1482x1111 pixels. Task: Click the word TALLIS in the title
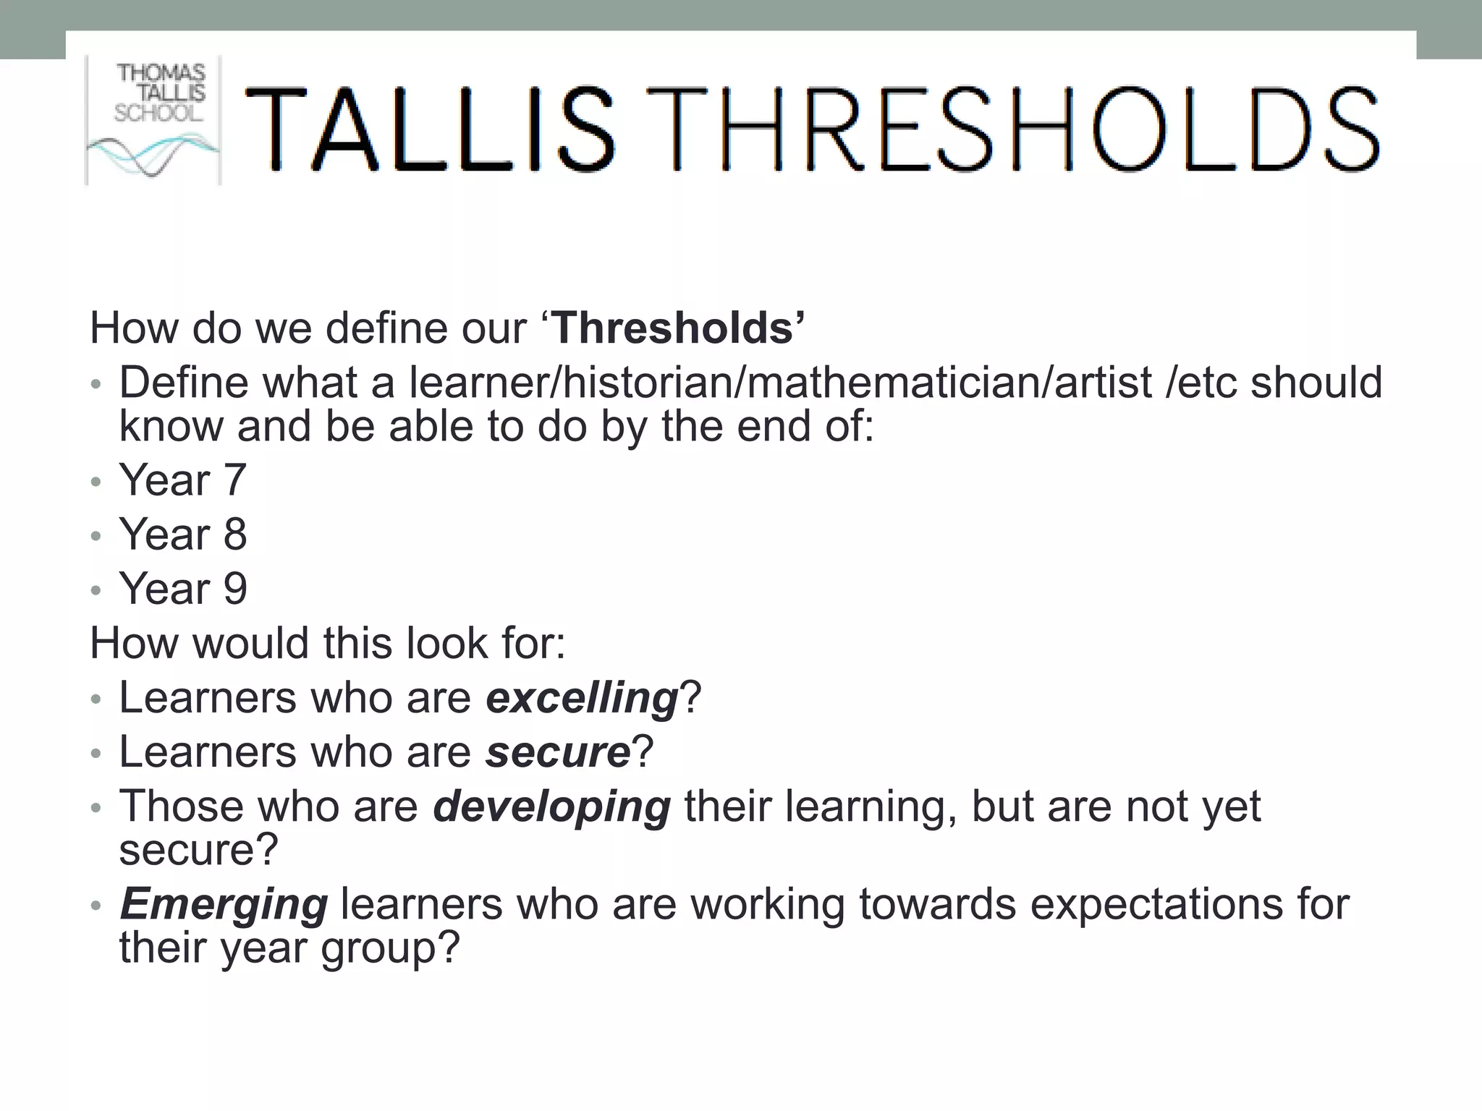click(x=430, y=130)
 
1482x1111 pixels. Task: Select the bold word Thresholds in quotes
click(x=674, y=328)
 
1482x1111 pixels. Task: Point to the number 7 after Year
click(x=235, y=480)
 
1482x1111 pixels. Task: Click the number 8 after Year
click(x=235, y=535)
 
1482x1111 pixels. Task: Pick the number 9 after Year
click(x=235, y=589)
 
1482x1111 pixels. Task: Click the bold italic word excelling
click(x=582, y=699)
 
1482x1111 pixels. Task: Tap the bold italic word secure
click(x=558, y=752)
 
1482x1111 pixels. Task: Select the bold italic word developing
click(x=551, y=807)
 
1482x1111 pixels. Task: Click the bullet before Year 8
click(x=96, y=537)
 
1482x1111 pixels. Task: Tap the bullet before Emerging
click(x=96, y=906)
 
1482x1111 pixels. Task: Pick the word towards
click(x=937, y=904)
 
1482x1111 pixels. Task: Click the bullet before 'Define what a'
click(x=96, y=385)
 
